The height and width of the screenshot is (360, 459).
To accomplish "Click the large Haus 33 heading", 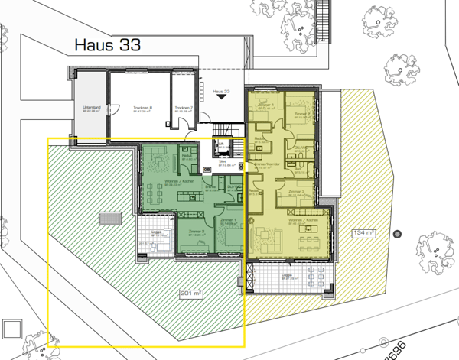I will point(109,46).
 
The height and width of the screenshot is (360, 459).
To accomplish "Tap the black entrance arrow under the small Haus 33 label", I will point(223,98).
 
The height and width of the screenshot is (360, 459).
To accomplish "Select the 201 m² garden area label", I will point(190,293).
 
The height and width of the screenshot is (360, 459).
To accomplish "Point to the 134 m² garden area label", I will point(363,232).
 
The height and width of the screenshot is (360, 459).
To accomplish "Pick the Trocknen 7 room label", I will point(183,109).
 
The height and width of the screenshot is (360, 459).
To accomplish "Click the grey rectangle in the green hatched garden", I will point(109,219).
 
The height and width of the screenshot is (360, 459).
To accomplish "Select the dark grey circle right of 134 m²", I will point(395,232).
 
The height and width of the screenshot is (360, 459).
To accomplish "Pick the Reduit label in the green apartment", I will point(186,155).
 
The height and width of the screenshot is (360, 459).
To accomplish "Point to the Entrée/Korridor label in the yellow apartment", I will point(266,164).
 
